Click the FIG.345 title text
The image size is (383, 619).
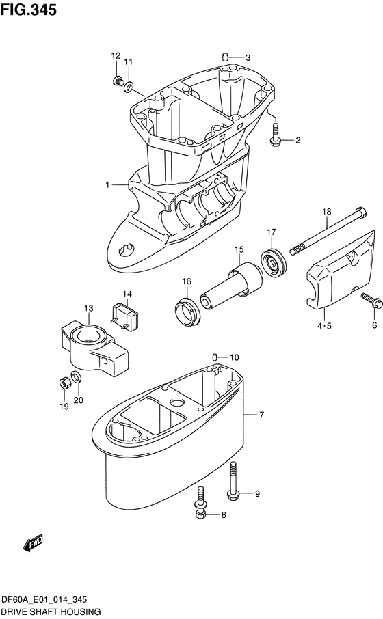pyautogui.click(x=29, y=10)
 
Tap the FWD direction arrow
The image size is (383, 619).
pyautogui.click(x=34, y=544)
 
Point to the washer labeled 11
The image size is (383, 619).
pyautogui.click(x=129, y=86)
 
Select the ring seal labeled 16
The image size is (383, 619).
pyautogui.click(x=188, y=312)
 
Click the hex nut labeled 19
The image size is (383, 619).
pyautogui.click(x=64, y=383)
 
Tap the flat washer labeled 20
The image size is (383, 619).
pyautogui.click(x=77, y=376)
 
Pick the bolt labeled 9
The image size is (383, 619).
pyautogui.click(x=233, y=482)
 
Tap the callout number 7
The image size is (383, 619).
pyautogui.click(x=261, y=415)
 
